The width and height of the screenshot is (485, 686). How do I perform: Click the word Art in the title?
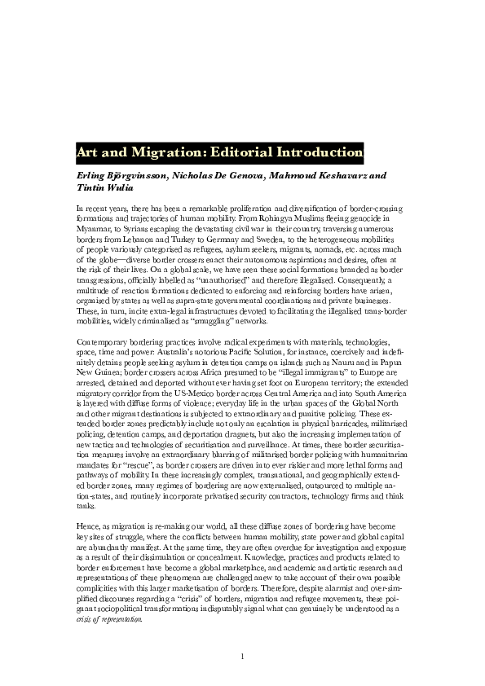[x=87, y=152]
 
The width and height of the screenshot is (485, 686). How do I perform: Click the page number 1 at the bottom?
[x=242, y=657]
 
